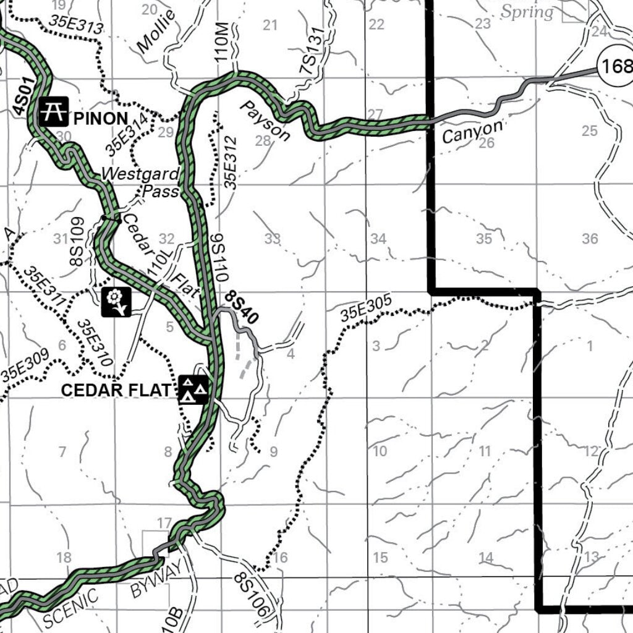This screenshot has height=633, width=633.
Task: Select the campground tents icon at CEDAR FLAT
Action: coord(193,389)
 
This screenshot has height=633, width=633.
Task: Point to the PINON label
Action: coord(100,118)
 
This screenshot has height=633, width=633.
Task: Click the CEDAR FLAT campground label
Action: coord(115,391)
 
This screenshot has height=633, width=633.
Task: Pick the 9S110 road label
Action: coord(219,258)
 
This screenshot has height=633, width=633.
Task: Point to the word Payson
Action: coord(265,121)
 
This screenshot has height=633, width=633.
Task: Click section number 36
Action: coord(590,239)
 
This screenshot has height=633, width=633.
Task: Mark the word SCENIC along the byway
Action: coord(72,605)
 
